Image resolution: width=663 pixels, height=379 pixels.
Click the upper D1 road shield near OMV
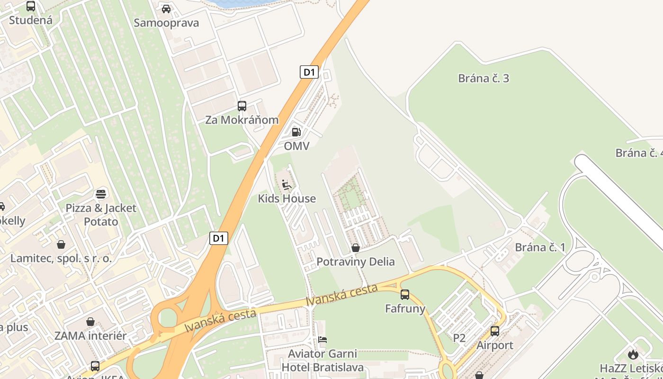(309, 72)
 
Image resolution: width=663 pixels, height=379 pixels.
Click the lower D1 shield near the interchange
(219, 238)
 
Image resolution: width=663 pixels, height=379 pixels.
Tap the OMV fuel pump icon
(296, 132)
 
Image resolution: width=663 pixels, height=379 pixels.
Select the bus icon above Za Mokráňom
(242, 106)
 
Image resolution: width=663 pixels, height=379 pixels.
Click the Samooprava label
(166, 23)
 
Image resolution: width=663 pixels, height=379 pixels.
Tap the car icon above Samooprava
(166, 9)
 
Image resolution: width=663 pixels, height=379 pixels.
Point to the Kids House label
(287, 199)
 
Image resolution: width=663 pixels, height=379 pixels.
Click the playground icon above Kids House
(287, 184)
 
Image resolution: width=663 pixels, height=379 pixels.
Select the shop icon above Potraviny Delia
(356, 247)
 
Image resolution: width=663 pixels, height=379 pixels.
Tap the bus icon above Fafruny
(405, 295)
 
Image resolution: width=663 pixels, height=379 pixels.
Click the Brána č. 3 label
(484, 78)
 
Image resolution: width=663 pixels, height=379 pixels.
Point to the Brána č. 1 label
(540, 247)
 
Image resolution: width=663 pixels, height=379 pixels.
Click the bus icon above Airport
(495, 331)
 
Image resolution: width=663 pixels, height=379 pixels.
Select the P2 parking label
(459, 338)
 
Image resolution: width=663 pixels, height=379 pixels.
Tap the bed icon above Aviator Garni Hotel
(323, 340)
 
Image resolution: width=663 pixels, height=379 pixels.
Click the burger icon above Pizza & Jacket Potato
(101, 194)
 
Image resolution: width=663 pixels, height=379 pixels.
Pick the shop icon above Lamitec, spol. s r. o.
(61, 244)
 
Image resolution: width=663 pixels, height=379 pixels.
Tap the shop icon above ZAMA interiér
(90, 322)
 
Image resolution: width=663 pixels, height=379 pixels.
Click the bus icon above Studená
(31, 6)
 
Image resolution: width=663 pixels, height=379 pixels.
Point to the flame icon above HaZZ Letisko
(633, 354)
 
